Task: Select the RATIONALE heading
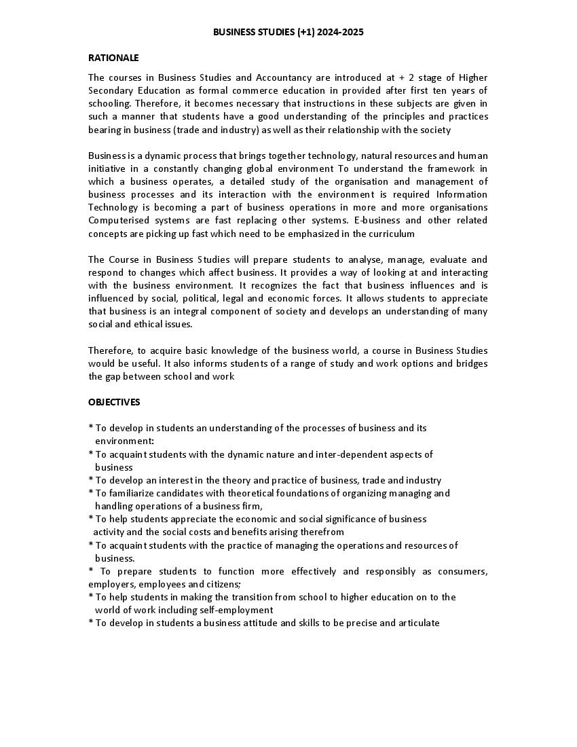click(113, 58)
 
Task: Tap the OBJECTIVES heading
click(114, 402)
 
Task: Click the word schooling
click(109, 103)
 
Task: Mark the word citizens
click(223, 584)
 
